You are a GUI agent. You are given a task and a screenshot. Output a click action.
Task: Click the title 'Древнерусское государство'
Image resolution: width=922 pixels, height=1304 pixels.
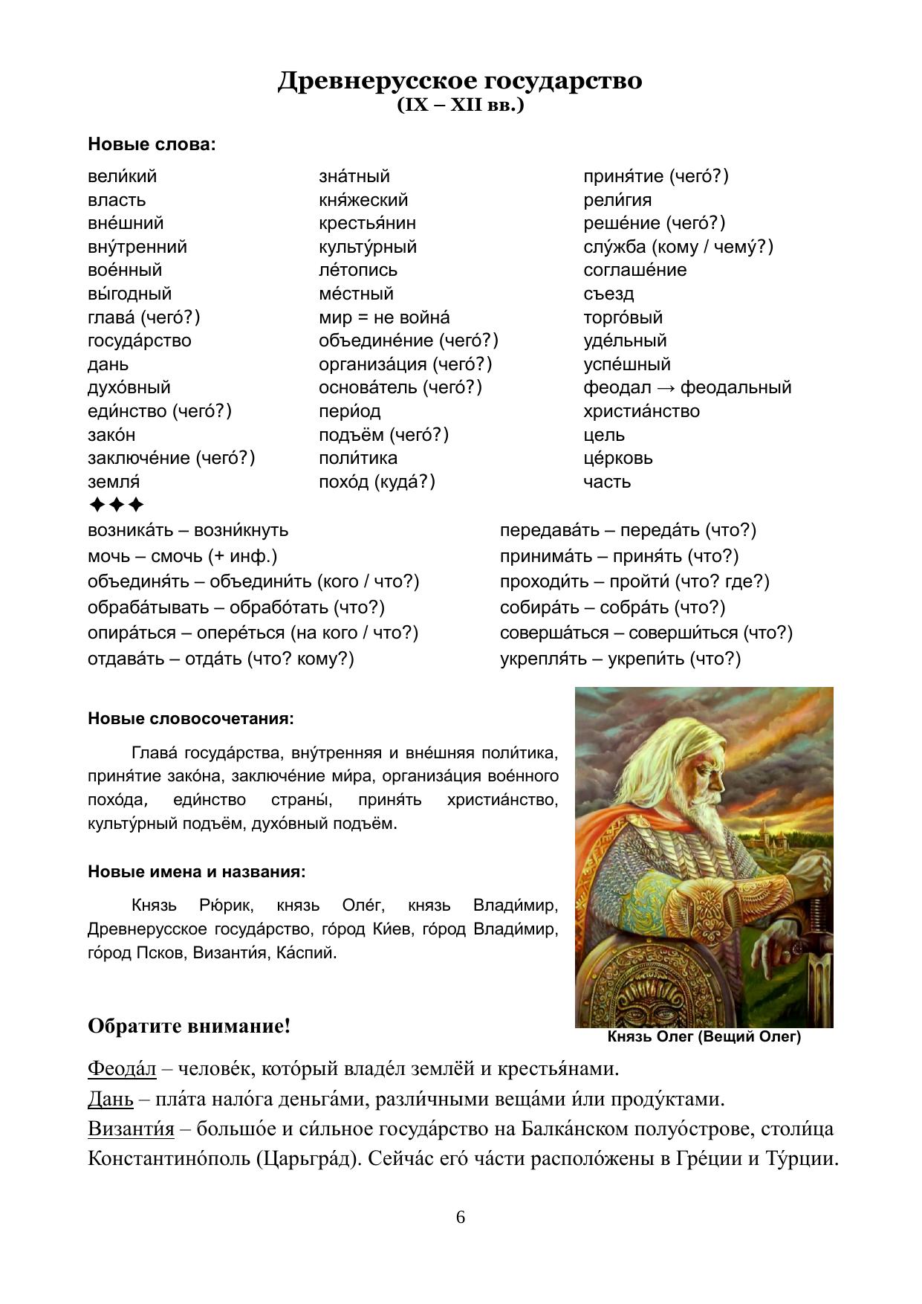460,80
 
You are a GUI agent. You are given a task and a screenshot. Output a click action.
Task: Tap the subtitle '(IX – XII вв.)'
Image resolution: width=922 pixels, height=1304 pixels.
460,106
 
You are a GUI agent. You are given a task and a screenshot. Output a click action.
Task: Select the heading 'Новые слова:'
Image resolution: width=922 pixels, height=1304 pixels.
152,144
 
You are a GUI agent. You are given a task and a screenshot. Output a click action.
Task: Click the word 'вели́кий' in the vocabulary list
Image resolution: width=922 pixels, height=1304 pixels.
123,177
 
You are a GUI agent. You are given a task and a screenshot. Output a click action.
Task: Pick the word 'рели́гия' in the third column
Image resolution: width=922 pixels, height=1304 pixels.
617,201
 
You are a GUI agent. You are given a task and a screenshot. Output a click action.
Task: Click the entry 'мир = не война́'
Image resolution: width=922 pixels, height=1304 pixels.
384,317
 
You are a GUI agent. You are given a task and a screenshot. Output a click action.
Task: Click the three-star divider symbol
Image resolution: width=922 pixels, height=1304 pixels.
116,506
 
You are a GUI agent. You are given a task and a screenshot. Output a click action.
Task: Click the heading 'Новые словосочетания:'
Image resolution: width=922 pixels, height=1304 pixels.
191,719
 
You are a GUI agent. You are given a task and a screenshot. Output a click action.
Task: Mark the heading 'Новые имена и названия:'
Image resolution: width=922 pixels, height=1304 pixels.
197,871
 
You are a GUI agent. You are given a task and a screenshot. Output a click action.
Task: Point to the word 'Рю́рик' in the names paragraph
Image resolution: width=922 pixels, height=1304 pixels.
227,906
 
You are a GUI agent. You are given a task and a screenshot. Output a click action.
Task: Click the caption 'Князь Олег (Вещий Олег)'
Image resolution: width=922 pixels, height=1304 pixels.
704,1036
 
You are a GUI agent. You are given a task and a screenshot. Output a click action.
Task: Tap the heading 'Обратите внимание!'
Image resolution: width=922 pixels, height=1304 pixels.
189,1027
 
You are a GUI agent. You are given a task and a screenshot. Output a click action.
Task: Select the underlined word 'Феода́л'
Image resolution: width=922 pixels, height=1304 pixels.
122,1069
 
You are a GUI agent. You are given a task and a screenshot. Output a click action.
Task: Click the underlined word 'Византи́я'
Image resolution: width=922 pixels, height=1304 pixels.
131,1129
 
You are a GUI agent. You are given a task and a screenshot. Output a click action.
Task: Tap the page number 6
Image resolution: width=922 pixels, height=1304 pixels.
461,1217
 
